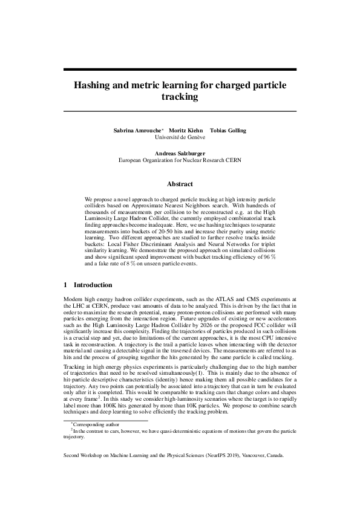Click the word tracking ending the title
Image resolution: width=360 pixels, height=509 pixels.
[180, 96]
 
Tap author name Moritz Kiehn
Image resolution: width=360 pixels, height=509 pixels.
[185, 131]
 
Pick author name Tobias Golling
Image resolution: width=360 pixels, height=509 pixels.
[228, 131]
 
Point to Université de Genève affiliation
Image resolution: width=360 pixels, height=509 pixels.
[180, 138]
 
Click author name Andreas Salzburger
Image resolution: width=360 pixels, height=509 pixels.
[180, 154]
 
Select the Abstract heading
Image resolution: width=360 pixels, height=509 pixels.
[180, 184]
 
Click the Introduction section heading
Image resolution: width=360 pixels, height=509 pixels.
[93, 284]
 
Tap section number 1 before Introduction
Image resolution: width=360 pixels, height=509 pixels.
[65, 284]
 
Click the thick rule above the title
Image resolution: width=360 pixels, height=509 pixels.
[180, 70]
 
